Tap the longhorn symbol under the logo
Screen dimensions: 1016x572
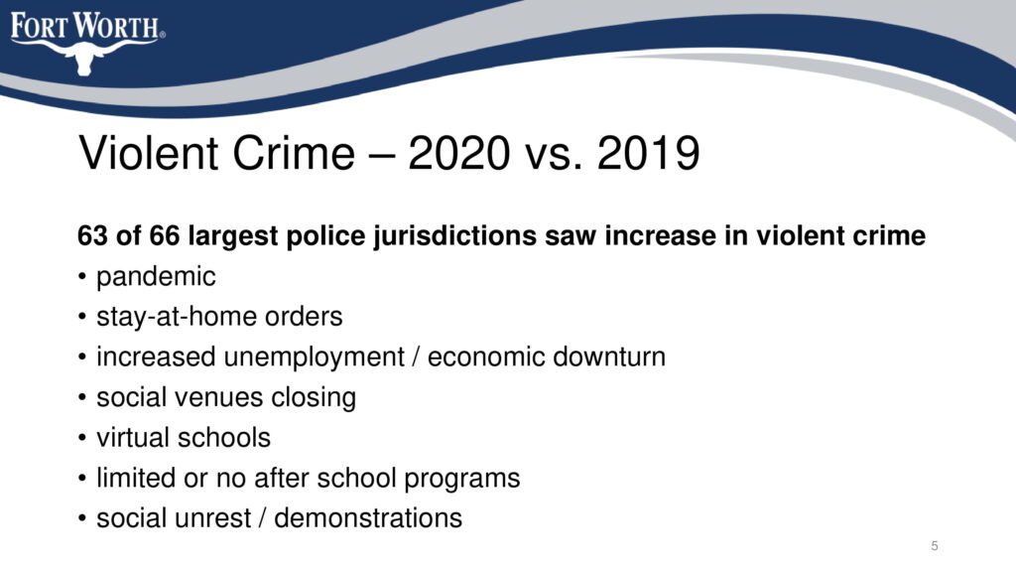(x=84, y=57)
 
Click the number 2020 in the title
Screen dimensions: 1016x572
(x=458, y=153)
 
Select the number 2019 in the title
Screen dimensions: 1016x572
(x=648, y=153)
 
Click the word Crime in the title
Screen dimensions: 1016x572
(x=294, y=153)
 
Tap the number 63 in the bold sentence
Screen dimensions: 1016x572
(x=92, y=235)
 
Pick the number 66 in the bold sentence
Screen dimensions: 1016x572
(x=165, y=235)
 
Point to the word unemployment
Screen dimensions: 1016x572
(x=315, y=357)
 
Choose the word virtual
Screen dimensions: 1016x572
(x=134, y=437)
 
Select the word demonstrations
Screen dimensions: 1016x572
(x=368, y=518)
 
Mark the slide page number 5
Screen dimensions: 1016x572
(x=935, y=546)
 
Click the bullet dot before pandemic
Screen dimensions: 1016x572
(x=81, y=277)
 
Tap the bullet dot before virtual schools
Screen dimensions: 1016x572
(x=81, y=438)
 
